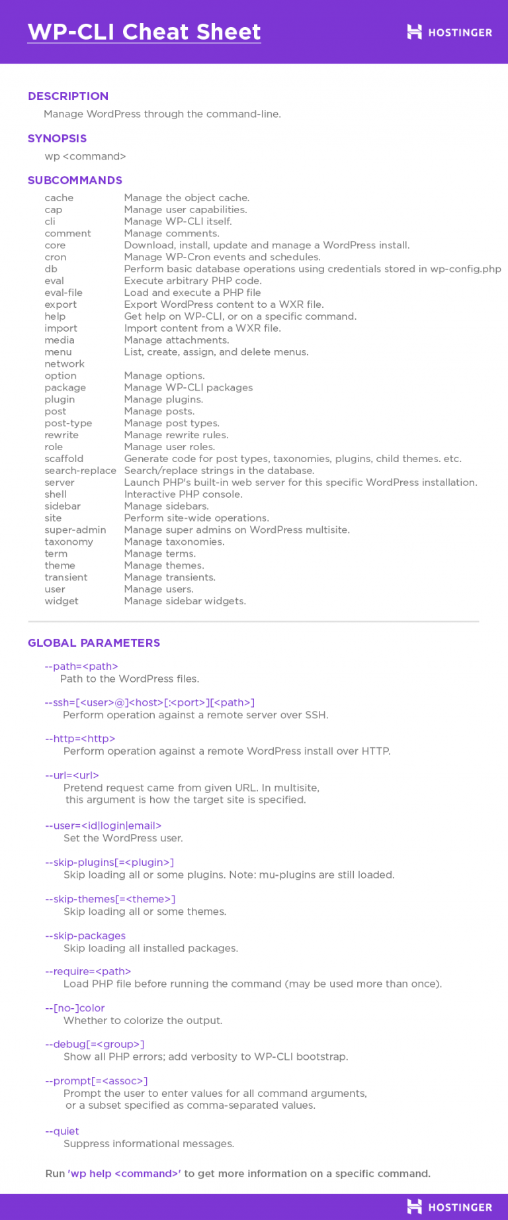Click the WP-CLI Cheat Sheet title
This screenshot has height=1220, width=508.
tap(144, 32)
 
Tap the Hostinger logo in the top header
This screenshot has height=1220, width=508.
tap(450, 32)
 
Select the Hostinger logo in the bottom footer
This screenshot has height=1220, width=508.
tap(450, 1207)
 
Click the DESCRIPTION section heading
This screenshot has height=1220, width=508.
tap(68, 96)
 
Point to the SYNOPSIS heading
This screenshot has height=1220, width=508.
tap(57, 138)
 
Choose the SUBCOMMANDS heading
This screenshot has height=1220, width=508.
tap(75, 180)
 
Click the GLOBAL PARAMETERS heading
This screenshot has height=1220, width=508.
tap(94, 643)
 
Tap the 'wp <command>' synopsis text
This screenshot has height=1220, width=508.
tap(85, 156)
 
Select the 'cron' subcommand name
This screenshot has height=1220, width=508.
tap(56, 257)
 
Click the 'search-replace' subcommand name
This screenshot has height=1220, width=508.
tap(80, 471)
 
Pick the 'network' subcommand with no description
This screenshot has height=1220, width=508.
tap(64, 364)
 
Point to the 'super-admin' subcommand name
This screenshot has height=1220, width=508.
tap(75, 530)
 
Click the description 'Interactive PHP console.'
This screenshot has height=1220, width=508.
tap(183, 494)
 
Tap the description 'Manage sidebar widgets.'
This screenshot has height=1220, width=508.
tap(185, 601)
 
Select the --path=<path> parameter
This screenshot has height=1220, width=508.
tap(81, 667)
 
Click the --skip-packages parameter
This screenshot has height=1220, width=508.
tap(85, 936)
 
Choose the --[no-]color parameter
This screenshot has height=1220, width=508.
tap(75, 1008)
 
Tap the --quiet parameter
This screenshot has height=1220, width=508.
tap(62, 1131)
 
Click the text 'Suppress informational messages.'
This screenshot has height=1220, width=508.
tap(149, 1144)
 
